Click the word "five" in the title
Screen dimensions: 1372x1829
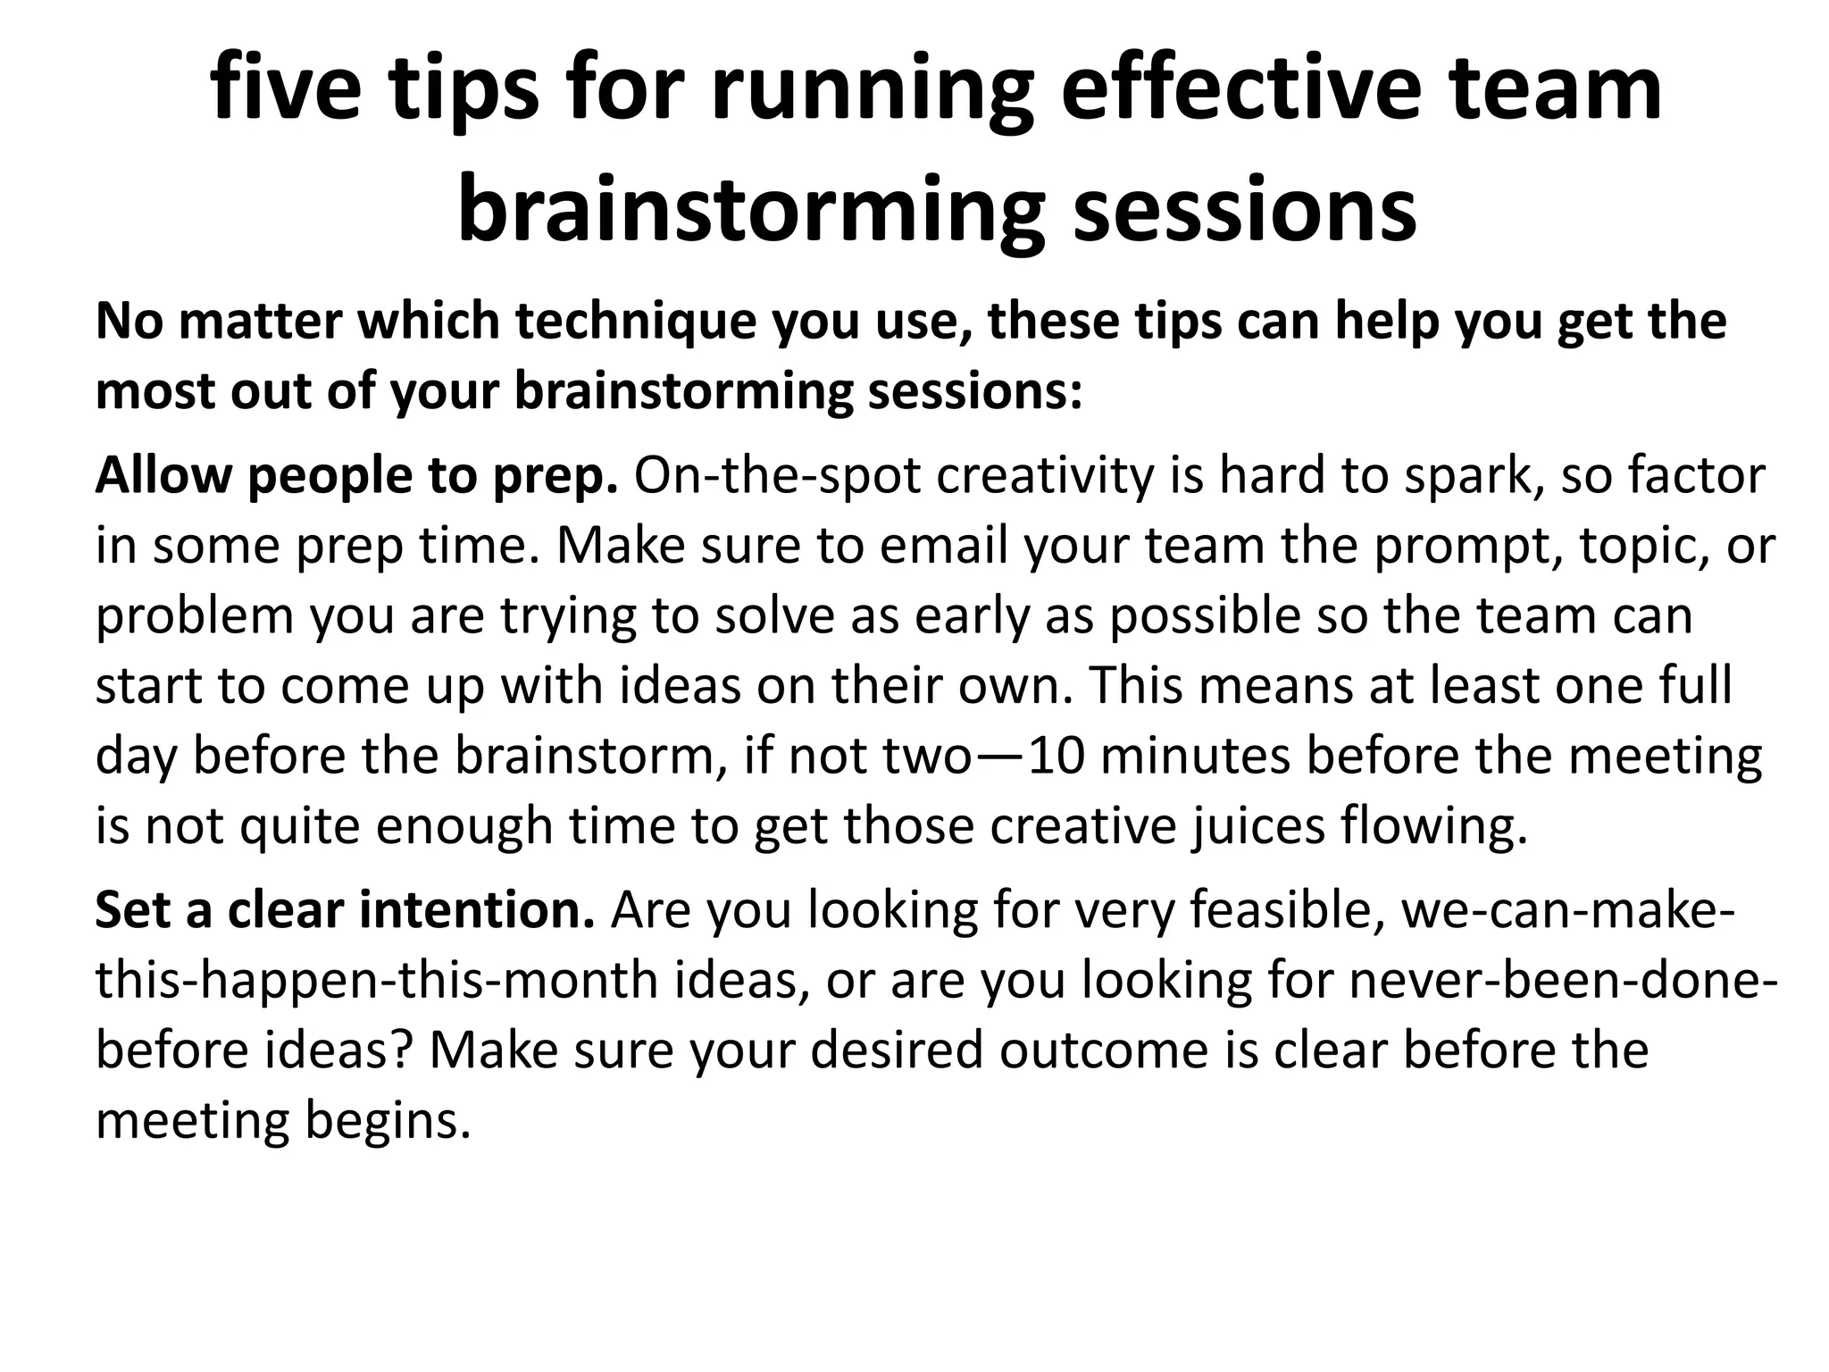click(x=286, y=89)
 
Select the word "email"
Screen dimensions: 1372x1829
click(x=943, y=546)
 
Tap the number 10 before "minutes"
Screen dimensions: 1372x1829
click(x=1056, y=756)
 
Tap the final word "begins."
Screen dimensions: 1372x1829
click(x=388, y=1122)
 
